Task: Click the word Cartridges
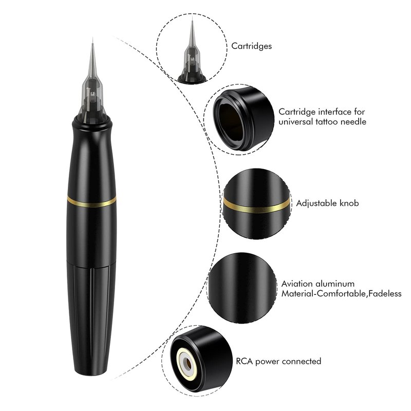tap(251, 46)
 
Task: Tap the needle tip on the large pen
tap(92, 38)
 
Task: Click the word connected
tap(302, 361)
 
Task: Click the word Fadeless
tap(385, 293)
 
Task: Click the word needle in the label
tap(353, 122)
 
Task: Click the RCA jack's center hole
tap(188, 363)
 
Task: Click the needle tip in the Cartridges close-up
tap(192, 17)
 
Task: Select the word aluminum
tap(335, 284)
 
